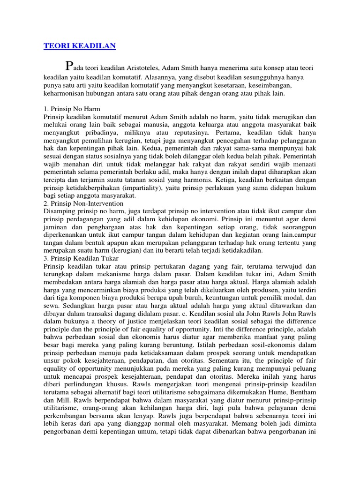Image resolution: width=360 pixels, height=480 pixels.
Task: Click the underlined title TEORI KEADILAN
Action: click(x=79, y=46)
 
